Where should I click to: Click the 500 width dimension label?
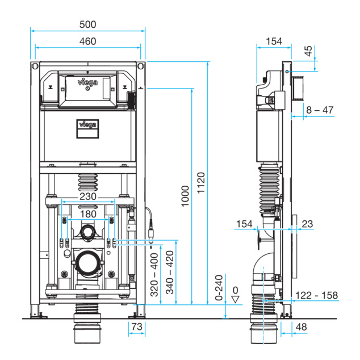[87, 24]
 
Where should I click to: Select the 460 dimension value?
[87, 41]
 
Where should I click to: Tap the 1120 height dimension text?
[201, 183]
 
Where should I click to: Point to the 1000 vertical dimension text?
[185, 196]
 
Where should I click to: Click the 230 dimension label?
[87, 196]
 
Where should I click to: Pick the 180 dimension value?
[88, 214]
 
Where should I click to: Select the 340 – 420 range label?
[170, 273]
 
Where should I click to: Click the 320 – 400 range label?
[154, 275]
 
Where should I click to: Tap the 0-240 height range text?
[219, 288]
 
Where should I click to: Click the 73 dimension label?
[137, 326]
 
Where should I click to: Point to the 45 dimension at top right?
[308, 51]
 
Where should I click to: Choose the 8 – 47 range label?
[320, 110]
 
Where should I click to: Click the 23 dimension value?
[307, 224]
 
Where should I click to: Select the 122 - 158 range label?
[316, 295]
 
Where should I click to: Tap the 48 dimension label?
[301, 326]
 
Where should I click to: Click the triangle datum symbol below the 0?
[235, 299]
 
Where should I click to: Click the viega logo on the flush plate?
[87, 82]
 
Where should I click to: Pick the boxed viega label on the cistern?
[87, 129]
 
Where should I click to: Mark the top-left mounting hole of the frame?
[35, 66]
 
